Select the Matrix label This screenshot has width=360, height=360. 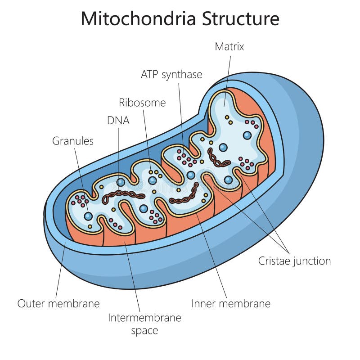229,46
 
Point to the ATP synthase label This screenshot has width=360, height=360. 171,74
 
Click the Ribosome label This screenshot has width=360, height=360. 142,103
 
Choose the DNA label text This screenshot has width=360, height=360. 118,120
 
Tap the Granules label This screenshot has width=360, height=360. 73,141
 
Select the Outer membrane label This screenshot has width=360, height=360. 58,303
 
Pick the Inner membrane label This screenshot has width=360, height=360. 231,303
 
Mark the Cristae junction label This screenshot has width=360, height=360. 294,261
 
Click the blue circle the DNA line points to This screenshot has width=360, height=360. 121,182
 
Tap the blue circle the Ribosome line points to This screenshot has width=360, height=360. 153,180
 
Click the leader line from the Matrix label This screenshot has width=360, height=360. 228,76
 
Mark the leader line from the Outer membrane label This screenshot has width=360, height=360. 61,270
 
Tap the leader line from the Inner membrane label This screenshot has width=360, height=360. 211,252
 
